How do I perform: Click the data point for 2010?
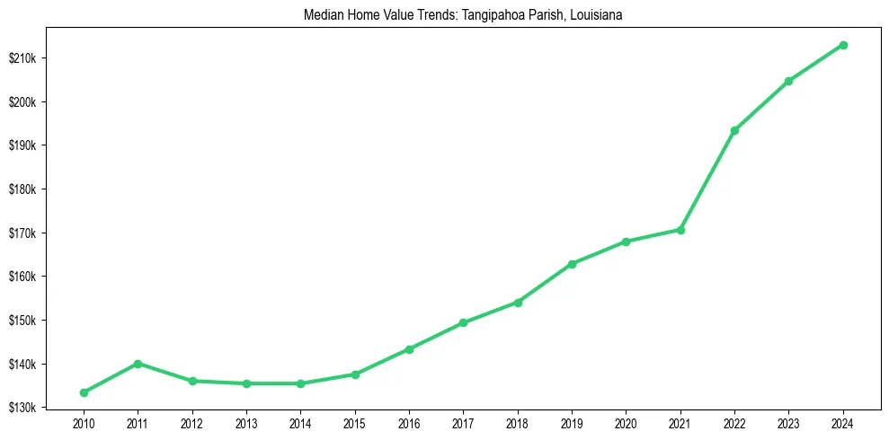pos(84,392)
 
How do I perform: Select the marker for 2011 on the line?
pos(138,364)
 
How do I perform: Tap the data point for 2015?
pos(355,374)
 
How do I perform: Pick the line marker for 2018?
pos(518,303)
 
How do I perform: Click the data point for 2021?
pos(680,230)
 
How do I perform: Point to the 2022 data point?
pos(734,131)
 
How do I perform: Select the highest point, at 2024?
pos(843,45)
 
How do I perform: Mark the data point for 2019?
pos(572,264)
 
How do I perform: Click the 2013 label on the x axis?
pos(246,422)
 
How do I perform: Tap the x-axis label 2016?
pos(409,422)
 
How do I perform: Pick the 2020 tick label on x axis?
pos(626,422)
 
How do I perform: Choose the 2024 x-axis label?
pos(843,422)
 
